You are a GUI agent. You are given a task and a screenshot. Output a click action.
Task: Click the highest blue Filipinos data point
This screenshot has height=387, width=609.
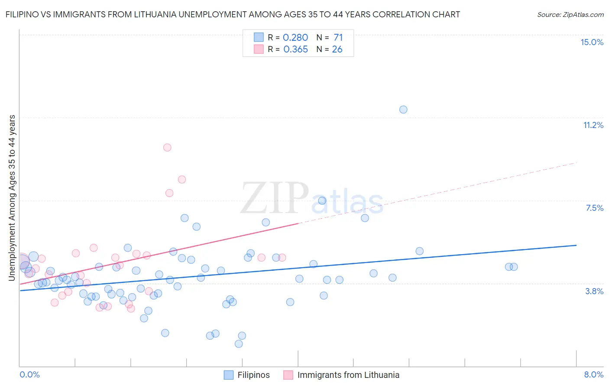tap(403, 109)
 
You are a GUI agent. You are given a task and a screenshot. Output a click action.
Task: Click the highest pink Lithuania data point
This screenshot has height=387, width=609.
tap(167, 148)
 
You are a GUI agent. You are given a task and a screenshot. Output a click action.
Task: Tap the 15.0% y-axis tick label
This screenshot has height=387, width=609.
tap(592, 42)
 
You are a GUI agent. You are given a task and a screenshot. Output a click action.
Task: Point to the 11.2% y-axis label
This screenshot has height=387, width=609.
tap(593, 125)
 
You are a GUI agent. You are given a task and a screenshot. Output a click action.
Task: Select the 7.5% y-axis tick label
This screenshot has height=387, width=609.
tap(594, 208)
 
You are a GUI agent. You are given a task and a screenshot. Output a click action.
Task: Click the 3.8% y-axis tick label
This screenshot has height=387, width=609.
tap(594, 291)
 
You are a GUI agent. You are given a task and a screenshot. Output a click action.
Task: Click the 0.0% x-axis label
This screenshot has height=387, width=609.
tap(30, 374)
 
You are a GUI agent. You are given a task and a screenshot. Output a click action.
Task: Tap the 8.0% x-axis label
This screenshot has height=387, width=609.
tap(593, 374)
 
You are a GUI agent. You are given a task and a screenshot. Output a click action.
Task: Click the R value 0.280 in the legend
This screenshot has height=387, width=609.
tap(295, 38)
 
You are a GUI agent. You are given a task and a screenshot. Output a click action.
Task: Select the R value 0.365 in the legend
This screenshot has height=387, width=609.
tap(295, 49)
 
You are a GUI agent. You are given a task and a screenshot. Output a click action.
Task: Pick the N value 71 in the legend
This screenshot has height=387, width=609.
tap(338, 38)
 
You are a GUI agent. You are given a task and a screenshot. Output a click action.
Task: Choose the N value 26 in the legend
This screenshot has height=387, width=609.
tap(337, 49)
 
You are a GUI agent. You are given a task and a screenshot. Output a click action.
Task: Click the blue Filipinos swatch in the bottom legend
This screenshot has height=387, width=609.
tap(229, 375)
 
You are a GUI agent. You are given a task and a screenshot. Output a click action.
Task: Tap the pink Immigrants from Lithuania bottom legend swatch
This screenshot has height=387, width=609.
tap(288, 375)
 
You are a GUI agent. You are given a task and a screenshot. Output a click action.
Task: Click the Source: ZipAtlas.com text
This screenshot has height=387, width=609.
tap(570, 15)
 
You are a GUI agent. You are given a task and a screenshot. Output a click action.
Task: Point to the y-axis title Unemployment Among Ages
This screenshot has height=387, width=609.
tap(12, 198)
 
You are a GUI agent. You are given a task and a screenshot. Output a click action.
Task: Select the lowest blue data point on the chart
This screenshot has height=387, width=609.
tap(239, 344)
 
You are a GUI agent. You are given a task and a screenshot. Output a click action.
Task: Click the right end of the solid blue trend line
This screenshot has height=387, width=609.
tap(576, 245)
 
